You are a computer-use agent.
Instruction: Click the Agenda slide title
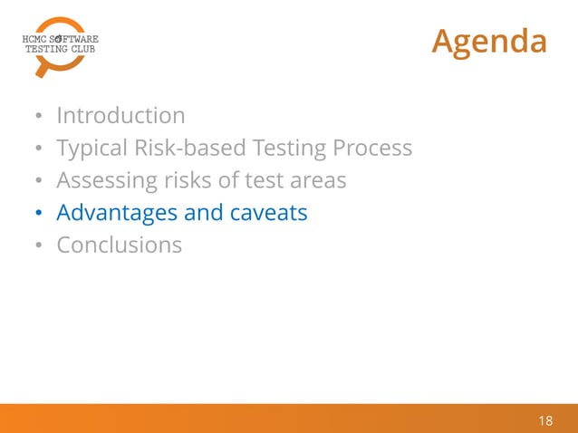click(489, 41)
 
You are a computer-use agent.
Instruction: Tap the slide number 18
click(545, 420)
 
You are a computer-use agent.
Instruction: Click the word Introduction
click(120, 116)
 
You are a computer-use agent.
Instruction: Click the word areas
click(316, 180)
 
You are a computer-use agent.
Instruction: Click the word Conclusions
click(119, 245)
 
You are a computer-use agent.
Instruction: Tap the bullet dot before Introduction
click(38, 117)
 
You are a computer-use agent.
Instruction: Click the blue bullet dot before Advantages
click(38, 214)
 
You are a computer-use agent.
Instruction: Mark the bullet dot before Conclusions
click(38, 246)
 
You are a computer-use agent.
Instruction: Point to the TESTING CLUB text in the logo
click(59, 50)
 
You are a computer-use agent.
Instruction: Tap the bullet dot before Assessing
click(38, 181)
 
